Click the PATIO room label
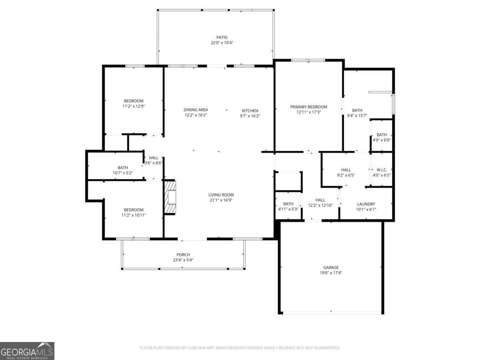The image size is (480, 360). point(222,37)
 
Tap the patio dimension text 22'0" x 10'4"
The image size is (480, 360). point(222,43)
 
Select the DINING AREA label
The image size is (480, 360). point(196,110)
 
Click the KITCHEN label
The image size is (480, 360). point(250,111)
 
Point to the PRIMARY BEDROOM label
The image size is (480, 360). point(308,107)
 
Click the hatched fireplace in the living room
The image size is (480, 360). point(170,197)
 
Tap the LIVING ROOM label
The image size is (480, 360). point(221,195)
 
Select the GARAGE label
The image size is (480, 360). point(331,267)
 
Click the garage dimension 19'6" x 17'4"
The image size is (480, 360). point(331,272)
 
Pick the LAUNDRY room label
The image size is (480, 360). point(366,204)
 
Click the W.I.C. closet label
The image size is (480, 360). point(382,170)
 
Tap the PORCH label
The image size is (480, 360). point(183,255)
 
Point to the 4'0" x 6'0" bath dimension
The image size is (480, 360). point(382,140)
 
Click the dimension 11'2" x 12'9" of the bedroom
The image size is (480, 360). point(134,106)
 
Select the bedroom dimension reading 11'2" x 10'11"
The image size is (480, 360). point(134,215)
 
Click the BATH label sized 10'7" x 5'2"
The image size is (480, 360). point(123,168)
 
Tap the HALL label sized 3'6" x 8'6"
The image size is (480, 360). point(153,158)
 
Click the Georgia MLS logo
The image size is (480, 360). point(27,351)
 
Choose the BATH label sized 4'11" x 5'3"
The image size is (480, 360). point(288,204)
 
